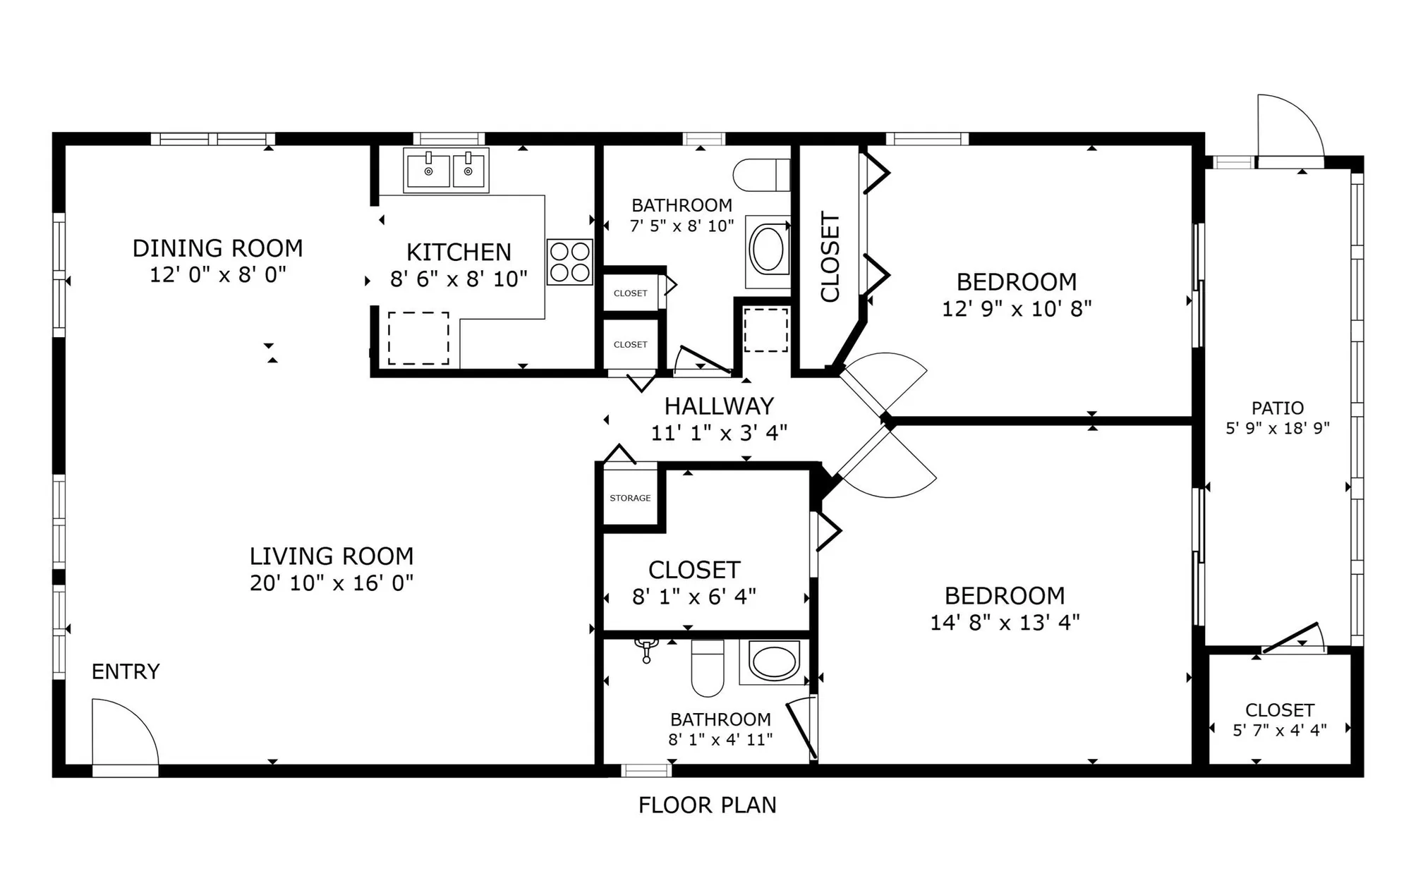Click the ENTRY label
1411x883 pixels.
(126, 671)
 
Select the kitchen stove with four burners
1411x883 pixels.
(569, 262)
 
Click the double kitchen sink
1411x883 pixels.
(446, 170)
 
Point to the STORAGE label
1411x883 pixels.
(630, 498)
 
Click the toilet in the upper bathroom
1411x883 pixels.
(761, 175)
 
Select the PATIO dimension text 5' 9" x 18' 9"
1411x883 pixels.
(1277, 428)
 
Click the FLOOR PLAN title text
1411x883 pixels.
(707, 805)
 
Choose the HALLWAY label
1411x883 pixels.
(719, 406)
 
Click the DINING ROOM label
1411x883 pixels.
(217, 248)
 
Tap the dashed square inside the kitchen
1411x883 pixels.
(418, 339)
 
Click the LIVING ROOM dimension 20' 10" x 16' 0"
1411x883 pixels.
(332, 583)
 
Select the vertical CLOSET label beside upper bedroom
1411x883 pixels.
(830, 257)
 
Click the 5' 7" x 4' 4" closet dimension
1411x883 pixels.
(1279, 731)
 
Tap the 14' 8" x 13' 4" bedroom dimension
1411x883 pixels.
(1005, 623)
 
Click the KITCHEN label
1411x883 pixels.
(459, 252)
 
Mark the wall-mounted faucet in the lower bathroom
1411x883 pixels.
(646, 650)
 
